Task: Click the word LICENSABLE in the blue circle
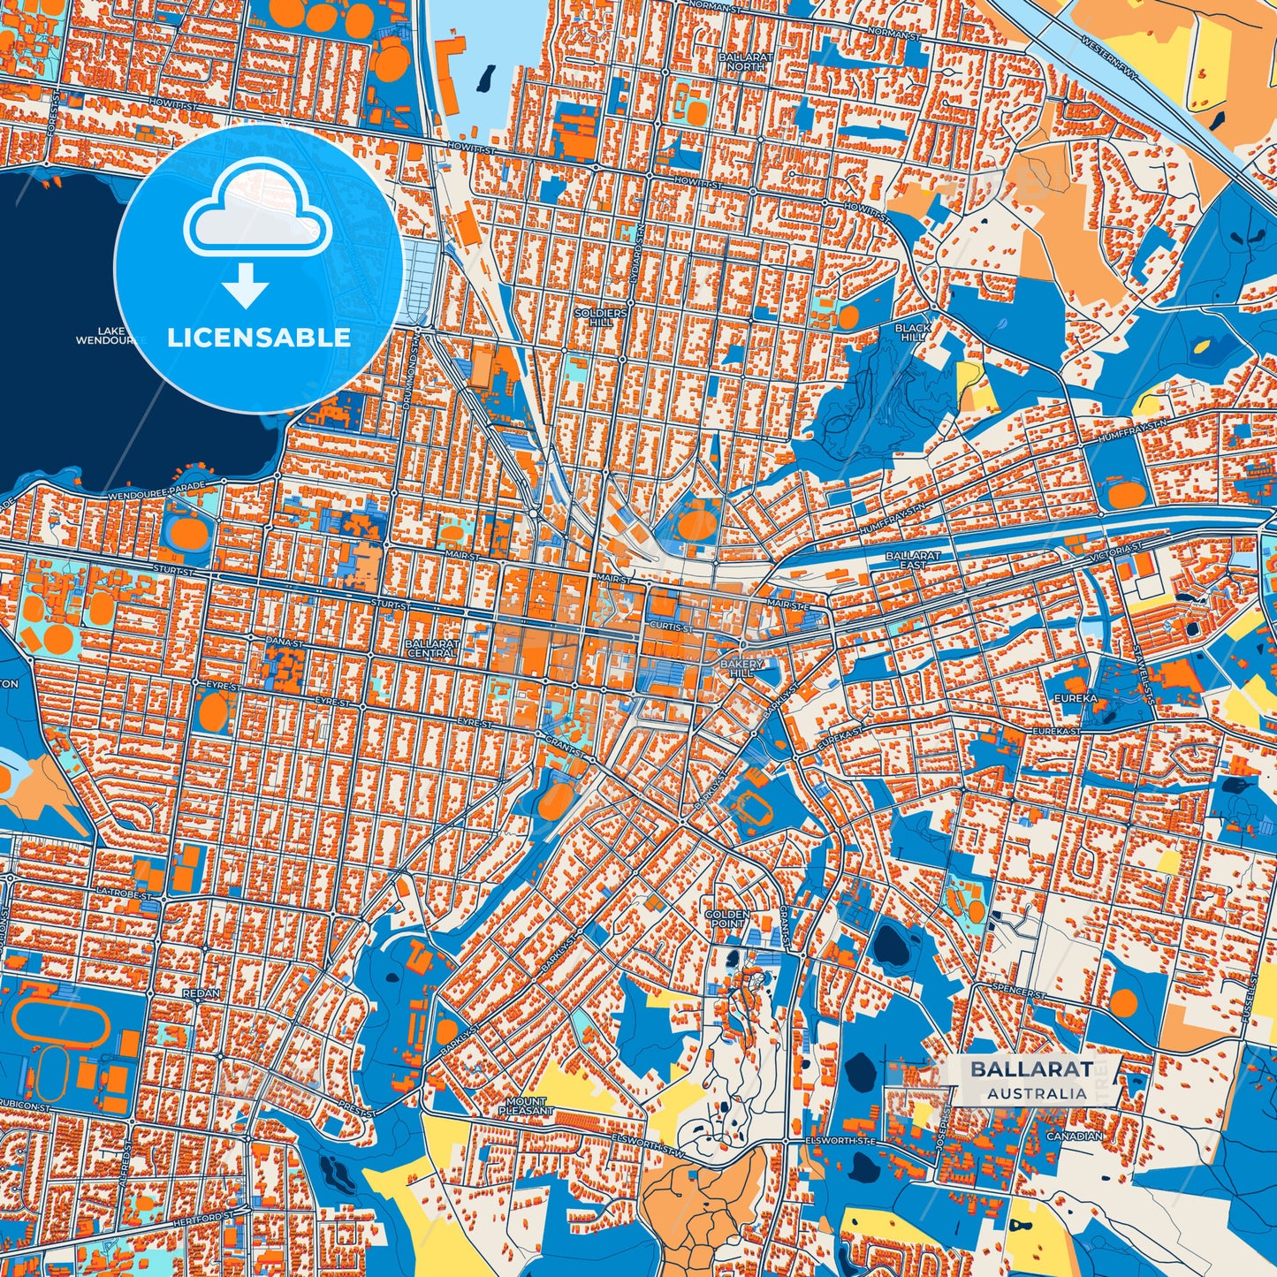[259, 338]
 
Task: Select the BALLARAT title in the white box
[1031, 1068]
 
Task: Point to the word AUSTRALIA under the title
[1038, 1093]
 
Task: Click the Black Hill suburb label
[913, 332]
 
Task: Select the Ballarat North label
[746, 61]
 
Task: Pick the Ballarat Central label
[432, 648]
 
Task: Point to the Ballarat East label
[913, 560]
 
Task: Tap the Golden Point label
[726, 918]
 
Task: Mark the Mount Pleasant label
[527, 1106]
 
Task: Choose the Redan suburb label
[201, 993]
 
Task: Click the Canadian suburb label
[1074, 1136]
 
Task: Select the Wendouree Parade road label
[156, 491]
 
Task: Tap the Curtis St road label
[672, 627]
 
